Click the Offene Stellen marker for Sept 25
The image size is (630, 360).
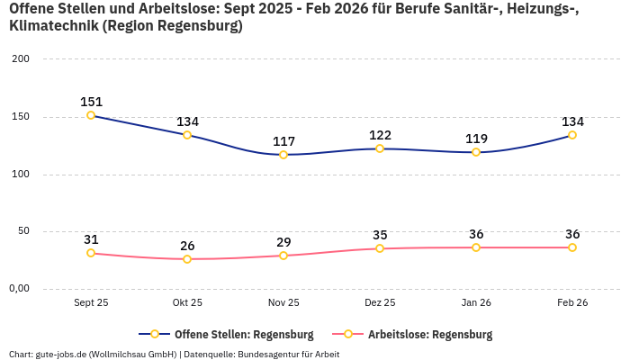click(91, 115)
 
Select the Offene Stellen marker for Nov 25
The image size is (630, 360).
click(283, 155)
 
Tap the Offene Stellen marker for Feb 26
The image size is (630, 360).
click(572, 135)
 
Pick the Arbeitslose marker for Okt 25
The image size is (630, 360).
click(187, 259)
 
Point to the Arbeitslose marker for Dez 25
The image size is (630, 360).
click(380, 248)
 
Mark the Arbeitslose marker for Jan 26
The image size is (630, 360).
click(476, 247)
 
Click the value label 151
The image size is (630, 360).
click(91, 102)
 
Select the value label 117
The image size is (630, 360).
click(283, 141)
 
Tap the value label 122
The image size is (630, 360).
click(380, 135)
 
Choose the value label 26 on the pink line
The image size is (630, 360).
click(187, 246)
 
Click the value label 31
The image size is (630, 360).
click(91, 239)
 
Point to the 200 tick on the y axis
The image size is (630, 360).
click(21, 59)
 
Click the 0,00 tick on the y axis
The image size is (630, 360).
click(19, 289)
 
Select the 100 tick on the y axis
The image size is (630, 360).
click(21, 175)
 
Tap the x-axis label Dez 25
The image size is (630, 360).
click(380, 303)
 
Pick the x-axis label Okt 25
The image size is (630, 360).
click(187, 303)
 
